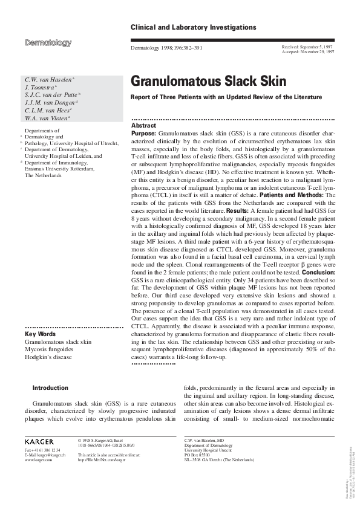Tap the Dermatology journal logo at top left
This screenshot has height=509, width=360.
point(48,43)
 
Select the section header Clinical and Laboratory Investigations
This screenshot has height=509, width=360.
point(194,28)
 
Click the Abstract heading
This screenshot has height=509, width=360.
point(144,125)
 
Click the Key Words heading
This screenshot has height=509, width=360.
point(41,334)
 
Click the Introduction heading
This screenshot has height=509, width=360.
point(50,388)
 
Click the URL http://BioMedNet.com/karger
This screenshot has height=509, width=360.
point(102,460)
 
